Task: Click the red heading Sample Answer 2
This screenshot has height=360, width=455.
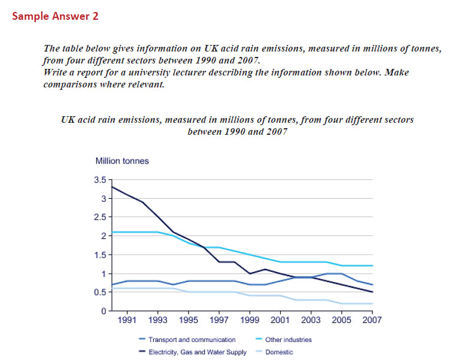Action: pyautogui.click(x=55, y=16)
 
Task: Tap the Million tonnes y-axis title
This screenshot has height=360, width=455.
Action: pyautogui.click(x=122, y=161)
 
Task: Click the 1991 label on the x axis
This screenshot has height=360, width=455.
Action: pyautogui.click(x=126, y=320)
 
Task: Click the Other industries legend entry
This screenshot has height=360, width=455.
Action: pyautogui.click(x=289, y=340)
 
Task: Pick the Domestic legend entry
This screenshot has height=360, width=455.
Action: pyautogui.click(x=280, y=352)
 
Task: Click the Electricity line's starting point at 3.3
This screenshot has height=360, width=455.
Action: pyautogui.click(x=111, y=187)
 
